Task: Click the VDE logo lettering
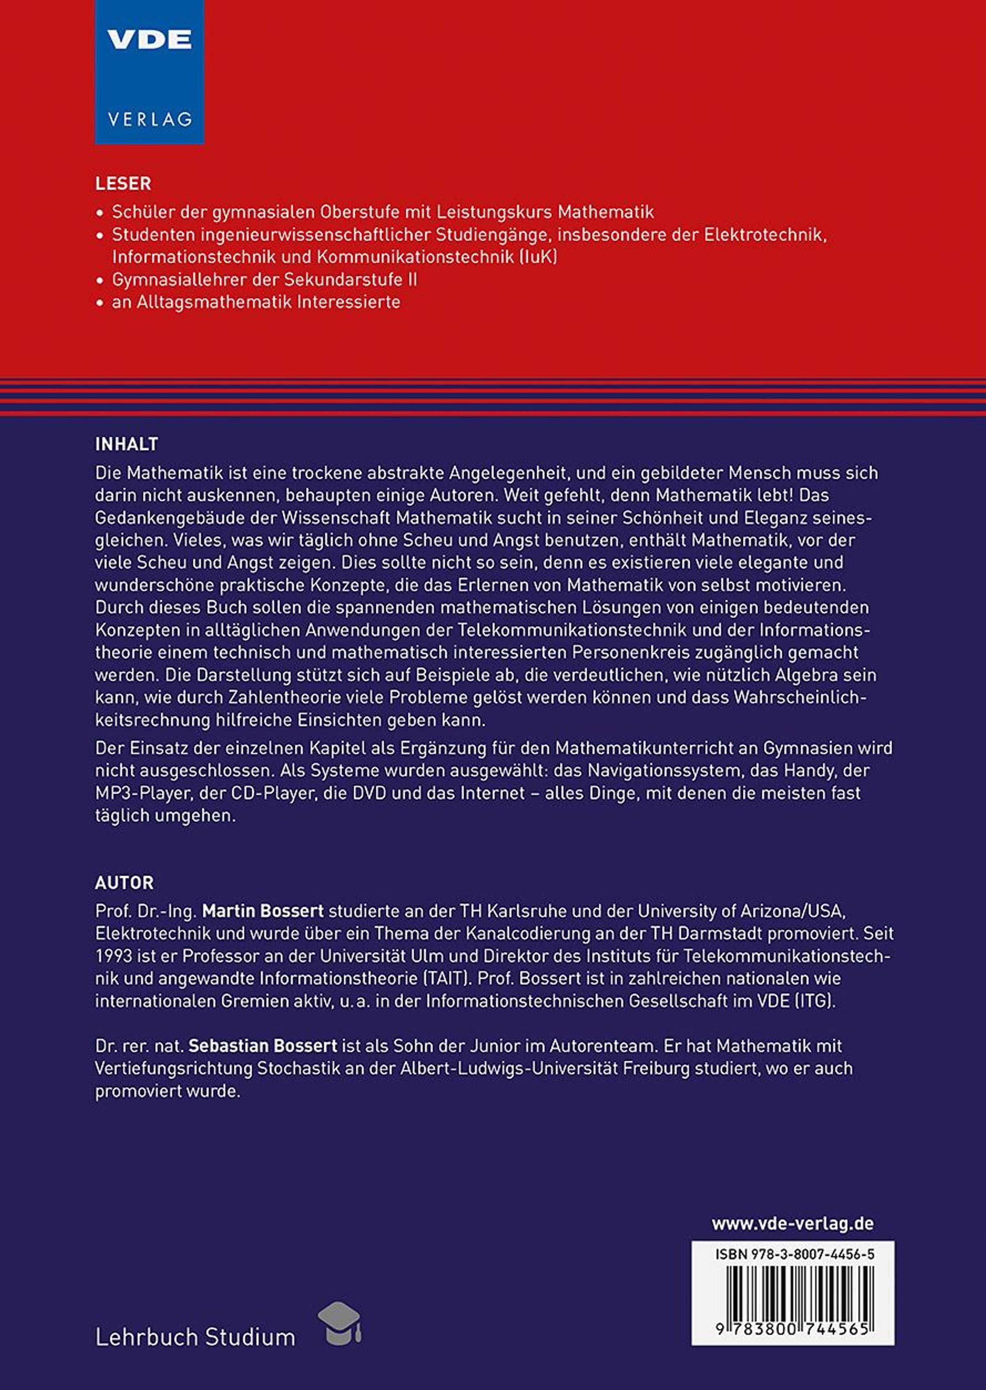[150, 41]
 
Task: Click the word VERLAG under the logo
[150, 119]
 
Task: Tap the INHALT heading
[126, 445]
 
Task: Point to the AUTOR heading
[124, 883]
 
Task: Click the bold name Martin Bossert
[263, 911]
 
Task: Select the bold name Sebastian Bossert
[263, 1046]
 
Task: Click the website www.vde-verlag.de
[792, 1224]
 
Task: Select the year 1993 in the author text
[113, 956]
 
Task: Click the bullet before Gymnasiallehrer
[100, 280]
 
